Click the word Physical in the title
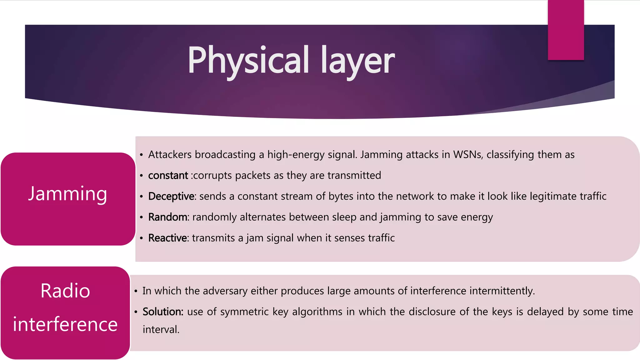[x=248, y=60]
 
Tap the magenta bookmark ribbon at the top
[x=566, y=30]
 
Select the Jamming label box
[x=68, y=199]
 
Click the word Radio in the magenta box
[x=65, y=291]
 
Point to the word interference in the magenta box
[x=65, y=324]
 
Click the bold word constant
[x=168, y=176]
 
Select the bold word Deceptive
[x=171, y=196]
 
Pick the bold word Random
[x=168, y=217]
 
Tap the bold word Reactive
[x=167, y=238]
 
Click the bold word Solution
[x=162, y=312]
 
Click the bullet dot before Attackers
[x=141, y=155]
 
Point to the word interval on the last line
[x=161, y=329]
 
